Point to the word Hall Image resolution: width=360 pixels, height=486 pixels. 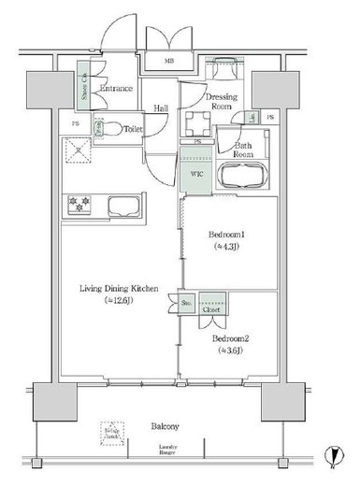click(x=162, y=107)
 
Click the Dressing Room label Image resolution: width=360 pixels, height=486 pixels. click(x=209, y=101)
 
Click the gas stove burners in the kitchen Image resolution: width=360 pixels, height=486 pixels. click(x=79, y=205)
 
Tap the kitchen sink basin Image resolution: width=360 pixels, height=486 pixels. click(x=122, y=206)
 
